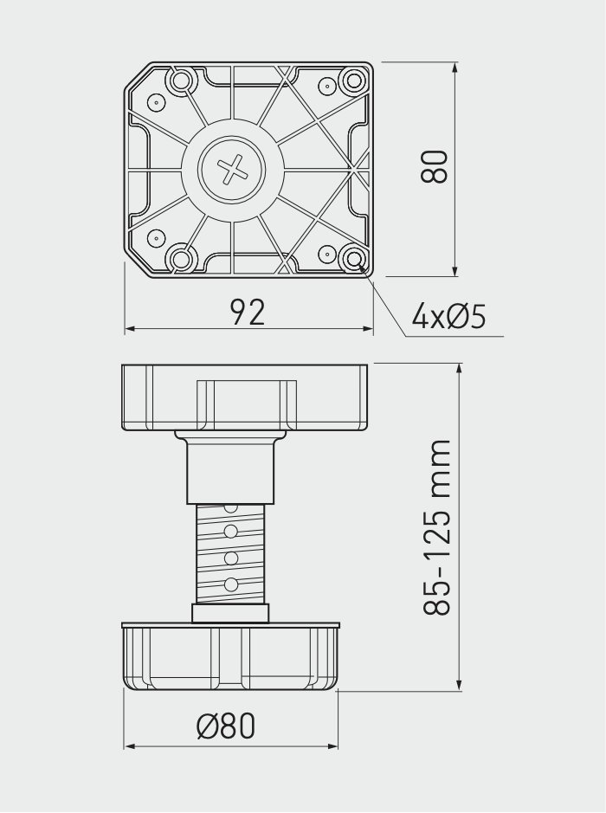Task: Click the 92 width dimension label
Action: pyautogui.click(x=248, y=313)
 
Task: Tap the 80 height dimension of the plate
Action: pyautogui.click(x=434, y=166)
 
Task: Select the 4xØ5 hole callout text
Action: pyautogui.click(x=449, y=316)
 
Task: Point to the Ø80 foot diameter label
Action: pyautogui.click(x=227, y=726)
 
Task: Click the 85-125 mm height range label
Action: pyautogui.click(x=437, y=528)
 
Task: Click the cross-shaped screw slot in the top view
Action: pyautogui.click(x=232, y=170)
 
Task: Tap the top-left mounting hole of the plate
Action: pyautogui.click(x=181, y=81)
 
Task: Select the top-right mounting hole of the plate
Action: pyautogui.click(x=353, y=81)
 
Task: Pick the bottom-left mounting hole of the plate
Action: pyautogui.click(x=181, y=258)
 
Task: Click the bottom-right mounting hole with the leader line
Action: pyautogui.click(x=355, y=258)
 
